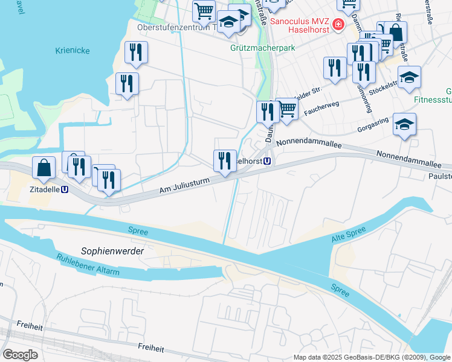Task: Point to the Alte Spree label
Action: [x=349, y=235]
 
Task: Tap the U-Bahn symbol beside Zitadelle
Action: [x=64, y=188]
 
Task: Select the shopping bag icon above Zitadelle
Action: [x=45, y=168]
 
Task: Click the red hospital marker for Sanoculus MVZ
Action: [x=338, y=25]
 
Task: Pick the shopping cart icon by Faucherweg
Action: [x=287, y=110]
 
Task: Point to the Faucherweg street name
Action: [x=323, y=109]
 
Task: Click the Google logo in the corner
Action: [x=19, y=354]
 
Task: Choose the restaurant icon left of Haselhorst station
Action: [x=225, y=160]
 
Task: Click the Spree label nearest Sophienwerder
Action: [x=138, y=230]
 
